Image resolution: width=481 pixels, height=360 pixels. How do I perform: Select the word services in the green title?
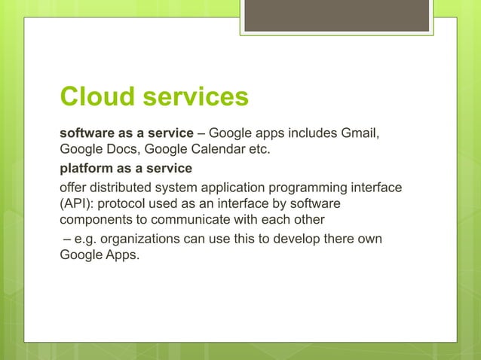click(201, 96)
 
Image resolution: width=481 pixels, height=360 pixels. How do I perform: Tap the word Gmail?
click(359, 134)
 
